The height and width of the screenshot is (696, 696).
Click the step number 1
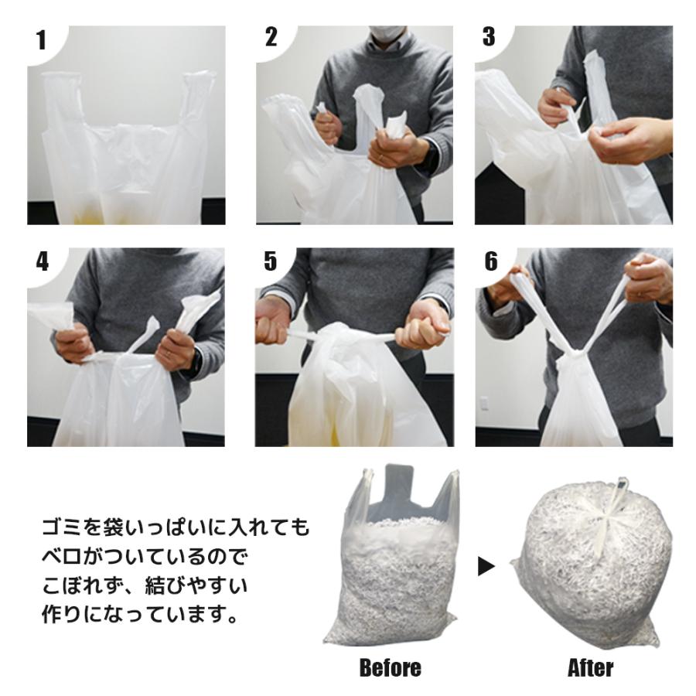[x=41, y=40]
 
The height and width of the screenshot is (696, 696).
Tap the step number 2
[x=270, y=37]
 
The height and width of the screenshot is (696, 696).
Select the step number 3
[x=488, y=37]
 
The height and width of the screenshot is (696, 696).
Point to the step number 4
[x=41, y=261]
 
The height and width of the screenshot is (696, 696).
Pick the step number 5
[x=270, y=261]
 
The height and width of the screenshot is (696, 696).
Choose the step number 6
[x=490, y=261]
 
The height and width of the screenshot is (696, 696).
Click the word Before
[x=391, y=667]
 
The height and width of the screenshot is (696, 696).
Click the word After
[x=590, y=667]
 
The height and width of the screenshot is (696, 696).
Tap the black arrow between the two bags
[x=486, y=567]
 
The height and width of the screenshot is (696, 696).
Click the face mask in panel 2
[x=384, y=34]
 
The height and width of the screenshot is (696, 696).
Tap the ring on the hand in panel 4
[x=169, y=353]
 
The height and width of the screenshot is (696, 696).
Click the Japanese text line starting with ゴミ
[x=174, y=528]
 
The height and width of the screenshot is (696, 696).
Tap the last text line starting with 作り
[x=136, y=616]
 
